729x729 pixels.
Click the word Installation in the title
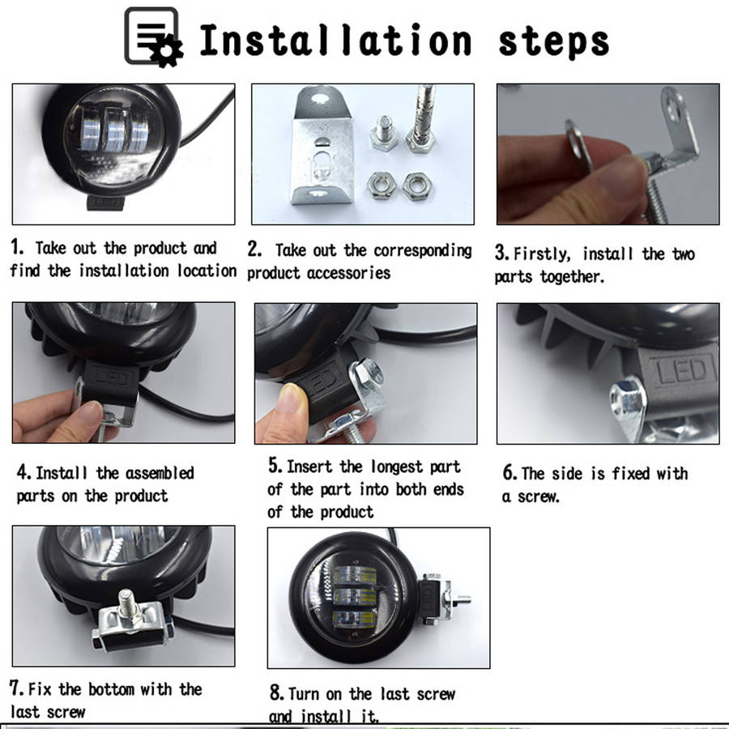click(335, 40)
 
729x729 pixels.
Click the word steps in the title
click(554, 42)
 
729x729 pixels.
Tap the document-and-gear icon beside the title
click(154, 37)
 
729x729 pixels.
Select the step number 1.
click(17, 247)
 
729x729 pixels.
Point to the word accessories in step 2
click(348, 273)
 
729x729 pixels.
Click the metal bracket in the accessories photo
click(321, 146)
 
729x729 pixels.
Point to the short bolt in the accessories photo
click(384, 133)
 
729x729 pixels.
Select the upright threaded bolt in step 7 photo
click(126, 606)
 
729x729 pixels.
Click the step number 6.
click(509, 473)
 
